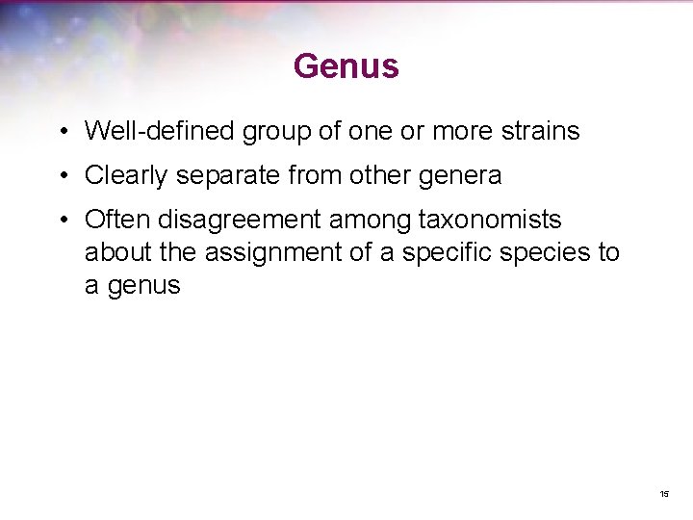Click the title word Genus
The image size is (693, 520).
346,66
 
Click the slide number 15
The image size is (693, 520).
664,494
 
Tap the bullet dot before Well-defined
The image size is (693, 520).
61,131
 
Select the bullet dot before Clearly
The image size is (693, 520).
61,176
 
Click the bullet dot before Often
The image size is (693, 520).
61,221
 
